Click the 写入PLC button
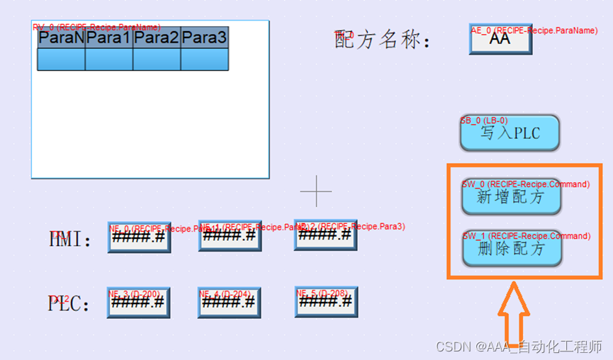pyautogui.click(x=510, y=133)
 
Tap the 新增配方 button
pyautogui.click(x=511, y=197)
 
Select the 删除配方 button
pyautogui.click(x=511, y=249)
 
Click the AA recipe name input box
pyautogui.click(x=500, y=40)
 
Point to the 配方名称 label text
pyautogui.click(x=382, y=40)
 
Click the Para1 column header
pyautogui.click(x=109, y=38)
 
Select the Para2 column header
pyautogui.click(x=157, y=38)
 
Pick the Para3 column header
pyautogui.click(x=204, y=38)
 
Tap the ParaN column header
pyautogui.click(x=62, y=38)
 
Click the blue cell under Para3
pyautogui.click(x=204, y=60)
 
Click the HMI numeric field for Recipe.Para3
pyautogui.click(x=325, y=235)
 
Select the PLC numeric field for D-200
pyautogui.click(x=139, y=302)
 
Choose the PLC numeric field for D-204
pyautogui.click(x=229, y=302)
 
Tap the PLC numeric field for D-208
pyautogui.click(x=326, y=301)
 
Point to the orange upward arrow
pyautogui.click(x=513, y=312)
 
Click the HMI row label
pyautogui.click(x=70, y=240)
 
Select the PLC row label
pyautogui.click(x=69, y=303)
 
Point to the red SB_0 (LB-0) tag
pyautogui.click(x=484, y=120)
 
